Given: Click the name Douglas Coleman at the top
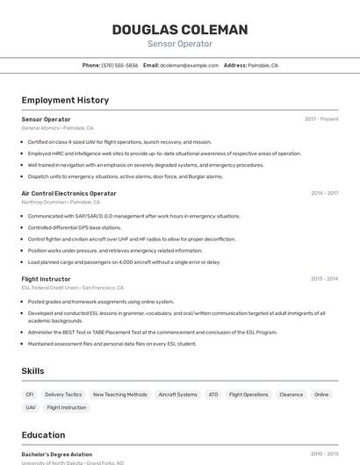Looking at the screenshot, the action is point(179,30).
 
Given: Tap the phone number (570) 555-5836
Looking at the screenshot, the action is point(119,65).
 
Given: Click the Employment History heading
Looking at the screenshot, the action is point(65,100).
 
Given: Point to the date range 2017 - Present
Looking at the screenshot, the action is point(321,119).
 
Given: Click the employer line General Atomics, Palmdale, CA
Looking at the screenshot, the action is point(57,128).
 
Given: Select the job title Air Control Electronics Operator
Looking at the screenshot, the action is point(68,193).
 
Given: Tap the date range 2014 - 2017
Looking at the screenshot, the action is point(324,193).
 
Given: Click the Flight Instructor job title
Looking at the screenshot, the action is point(47,279).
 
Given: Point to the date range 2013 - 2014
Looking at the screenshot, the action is point(324,279).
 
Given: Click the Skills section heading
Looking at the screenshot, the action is point(32,371).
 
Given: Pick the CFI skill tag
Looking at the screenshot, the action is point(30,395).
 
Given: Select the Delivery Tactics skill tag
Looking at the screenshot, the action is point(63,395).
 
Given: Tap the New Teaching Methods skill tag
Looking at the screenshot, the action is point(120,395).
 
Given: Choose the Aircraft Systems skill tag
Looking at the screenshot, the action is point(177,395).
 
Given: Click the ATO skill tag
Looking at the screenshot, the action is point(213,395).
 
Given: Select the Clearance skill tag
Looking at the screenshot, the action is point(291,395).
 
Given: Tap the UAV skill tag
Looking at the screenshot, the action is point(31,407).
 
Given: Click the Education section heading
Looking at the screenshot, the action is point(43,435).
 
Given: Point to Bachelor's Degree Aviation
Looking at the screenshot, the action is point(56,454).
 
